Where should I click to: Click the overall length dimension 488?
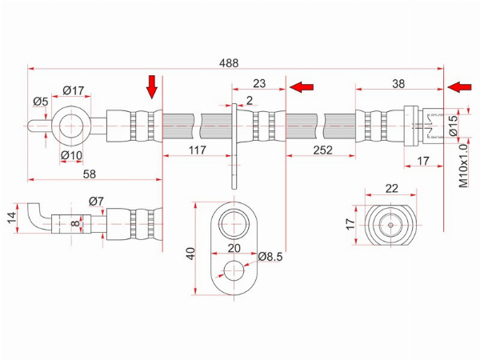point(229,63)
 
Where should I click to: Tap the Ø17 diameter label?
point(73,90)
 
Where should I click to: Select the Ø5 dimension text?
point(41,102)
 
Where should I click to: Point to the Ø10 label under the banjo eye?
point(72,155)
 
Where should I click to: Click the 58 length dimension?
point(90,174)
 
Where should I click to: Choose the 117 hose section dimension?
point(198,150)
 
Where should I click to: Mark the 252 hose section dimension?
point(322,150)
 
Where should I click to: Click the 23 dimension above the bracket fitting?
point(259,83)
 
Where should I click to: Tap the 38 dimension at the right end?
point(398,83)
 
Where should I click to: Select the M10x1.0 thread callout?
point(463,166)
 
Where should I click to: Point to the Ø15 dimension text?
point(454,126)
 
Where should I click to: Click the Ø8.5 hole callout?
point(270,257)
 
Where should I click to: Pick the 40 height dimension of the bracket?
point(190,254)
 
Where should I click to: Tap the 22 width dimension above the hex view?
point(391,189)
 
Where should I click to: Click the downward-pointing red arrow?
point(151,87)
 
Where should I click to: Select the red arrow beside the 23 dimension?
point(302,87)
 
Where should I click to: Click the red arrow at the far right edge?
point(459,87)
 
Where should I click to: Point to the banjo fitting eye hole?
point(71,126)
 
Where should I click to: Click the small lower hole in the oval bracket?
point(234,270)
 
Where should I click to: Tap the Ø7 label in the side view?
point(96,202)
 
